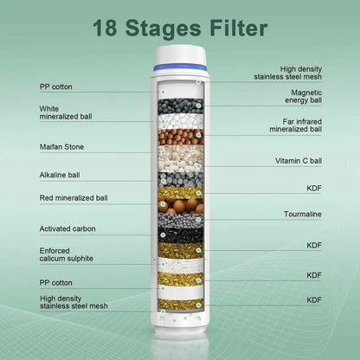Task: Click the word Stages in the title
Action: pos(162,29)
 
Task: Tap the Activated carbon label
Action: pos(67,228)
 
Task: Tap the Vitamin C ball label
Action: pos(299,161)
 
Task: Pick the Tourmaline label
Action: pos(303,213)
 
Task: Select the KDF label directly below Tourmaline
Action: pos(314,245)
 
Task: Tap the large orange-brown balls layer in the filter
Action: pos(181,207)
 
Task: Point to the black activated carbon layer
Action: pos(181,235)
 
